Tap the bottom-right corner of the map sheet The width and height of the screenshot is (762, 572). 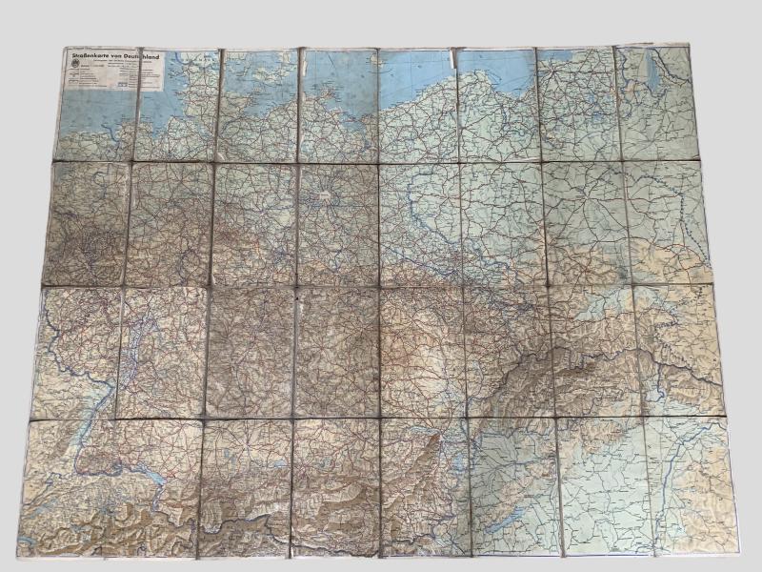pyautogui.click(x=735, y=553)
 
